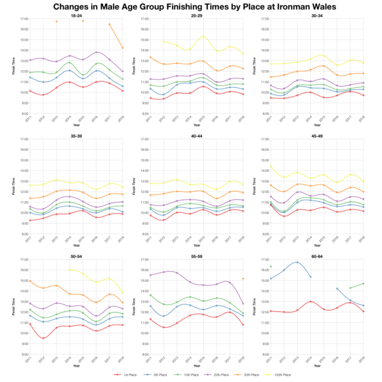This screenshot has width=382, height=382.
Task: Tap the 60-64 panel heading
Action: (319, 256)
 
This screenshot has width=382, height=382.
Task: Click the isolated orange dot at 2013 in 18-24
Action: (56, 21)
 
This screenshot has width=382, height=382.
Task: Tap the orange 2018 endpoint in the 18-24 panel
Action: (122, 48)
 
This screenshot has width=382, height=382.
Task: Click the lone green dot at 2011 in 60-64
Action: (271, 267)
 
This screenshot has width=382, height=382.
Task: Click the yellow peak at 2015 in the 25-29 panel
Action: (203, 37)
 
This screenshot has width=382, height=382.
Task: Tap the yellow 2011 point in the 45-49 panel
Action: (271, 166)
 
